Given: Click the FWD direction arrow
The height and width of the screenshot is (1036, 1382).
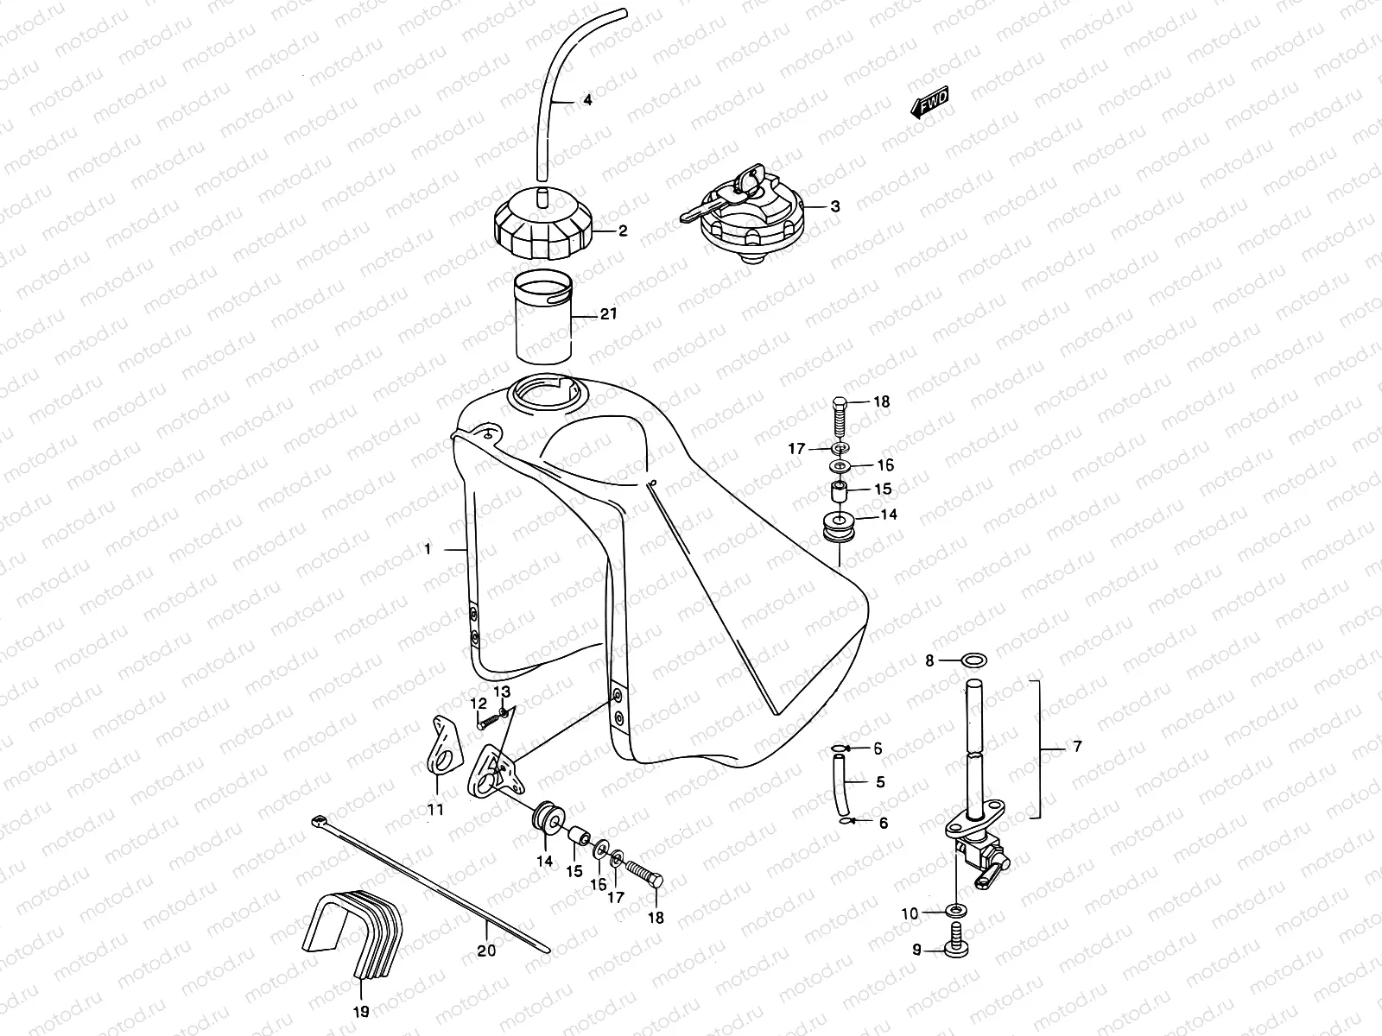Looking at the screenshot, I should [930, 104].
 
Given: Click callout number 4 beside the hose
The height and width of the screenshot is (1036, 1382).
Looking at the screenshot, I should [587, 101].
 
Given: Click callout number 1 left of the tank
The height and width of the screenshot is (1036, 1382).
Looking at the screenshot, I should [427, 549].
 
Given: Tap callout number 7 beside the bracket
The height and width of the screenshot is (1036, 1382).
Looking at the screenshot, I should [1076, 748].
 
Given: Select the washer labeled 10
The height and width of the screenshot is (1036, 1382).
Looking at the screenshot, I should [956, 911].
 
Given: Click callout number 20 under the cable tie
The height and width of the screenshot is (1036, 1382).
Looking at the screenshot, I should [487, 951].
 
